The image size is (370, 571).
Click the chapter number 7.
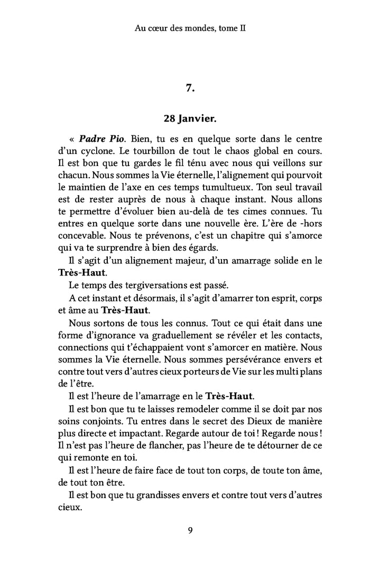(191, 88)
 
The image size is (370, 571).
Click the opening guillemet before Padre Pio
(71, 140)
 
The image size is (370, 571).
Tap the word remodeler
(178, 408)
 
